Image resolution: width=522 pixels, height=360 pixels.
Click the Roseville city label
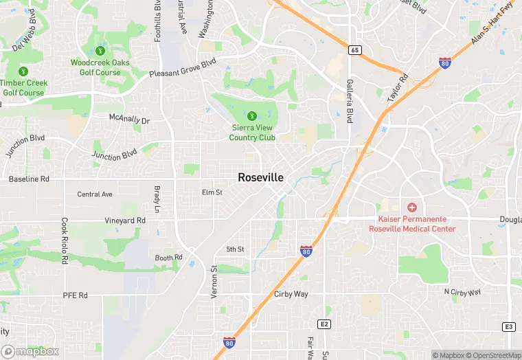pos(260,177)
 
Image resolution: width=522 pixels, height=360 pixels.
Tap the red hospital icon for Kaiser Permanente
pos(412,207)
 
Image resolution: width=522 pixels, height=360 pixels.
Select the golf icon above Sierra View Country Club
pos(251,116)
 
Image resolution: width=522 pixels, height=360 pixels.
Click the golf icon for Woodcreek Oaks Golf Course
pos(100,50)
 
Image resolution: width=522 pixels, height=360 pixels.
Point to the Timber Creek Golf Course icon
pos(24,71)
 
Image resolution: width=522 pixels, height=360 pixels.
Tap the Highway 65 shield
pos(354,50)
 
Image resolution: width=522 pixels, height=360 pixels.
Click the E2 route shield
pos(325,324)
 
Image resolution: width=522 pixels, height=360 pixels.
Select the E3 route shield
pos(509,326)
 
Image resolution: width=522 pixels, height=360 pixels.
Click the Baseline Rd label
pos(29,179)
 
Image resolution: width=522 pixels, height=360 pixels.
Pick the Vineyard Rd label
pos(125,221)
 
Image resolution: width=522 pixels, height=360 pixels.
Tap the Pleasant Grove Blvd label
pos(183,67)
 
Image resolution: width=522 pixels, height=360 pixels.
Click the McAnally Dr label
pos(129,119)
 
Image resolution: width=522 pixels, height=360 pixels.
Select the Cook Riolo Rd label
pos(65,241)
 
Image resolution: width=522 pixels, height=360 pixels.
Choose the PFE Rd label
pos(76,295)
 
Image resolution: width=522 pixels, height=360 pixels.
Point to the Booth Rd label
pos(168,258)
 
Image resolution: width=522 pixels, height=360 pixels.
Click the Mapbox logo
pos(29,351)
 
